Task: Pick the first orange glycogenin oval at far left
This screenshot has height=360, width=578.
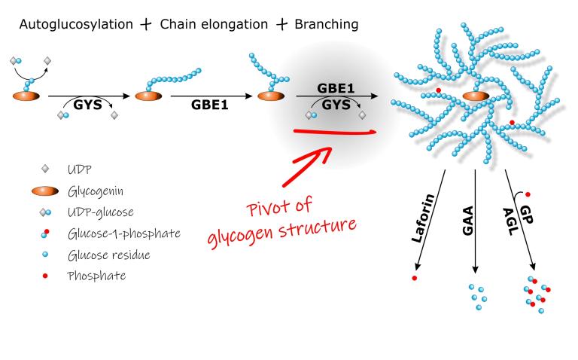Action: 25,96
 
